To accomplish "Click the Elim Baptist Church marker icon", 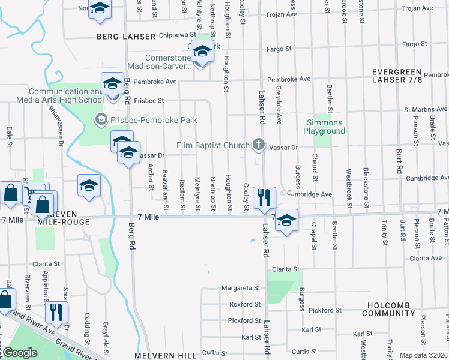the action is [258, 145].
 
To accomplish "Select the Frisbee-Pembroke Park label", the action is [146, 121].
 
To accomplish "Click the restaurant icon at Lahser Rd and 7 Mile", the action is [264, 197].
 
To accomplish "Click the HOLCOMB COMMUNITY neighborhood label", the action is [388, 309].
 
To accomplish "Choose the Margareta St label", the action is [240, 288].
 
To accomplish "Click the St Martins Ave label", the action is [425, 110].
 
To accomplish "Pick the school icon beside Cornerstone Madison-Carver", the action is [202, 54].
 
